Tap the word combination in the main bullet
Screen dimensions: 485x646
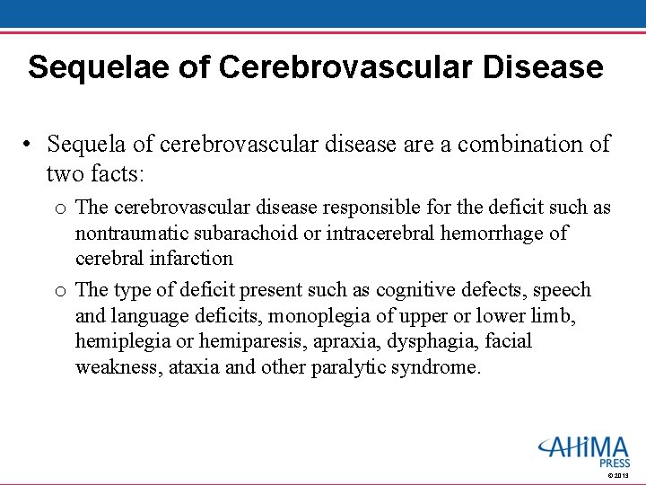pyautogui.click(x=511, y=144)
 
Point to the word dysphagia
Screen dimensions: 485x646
pyautogui.click(x=449, y=341)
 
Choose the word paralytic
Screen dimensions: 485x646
pyautogui.click(x=348, y=367)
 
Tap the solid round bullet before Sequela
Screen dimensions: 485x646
pyautogui.click(x=30, y=145)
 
